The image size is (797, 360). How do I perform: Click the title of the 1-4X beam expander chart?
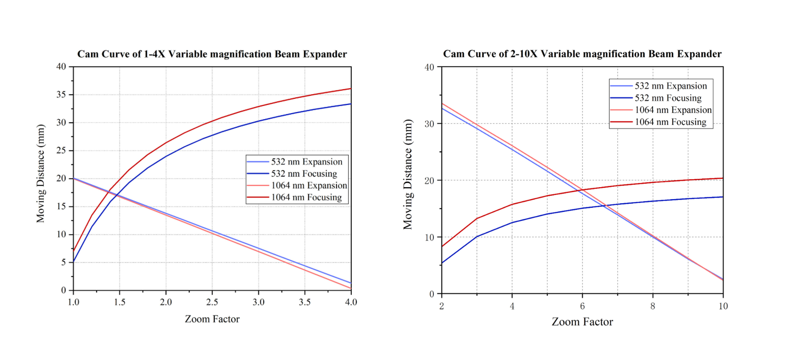pos(212,54)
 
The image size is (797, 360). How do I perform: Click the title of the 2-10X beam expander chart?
pos(582,54)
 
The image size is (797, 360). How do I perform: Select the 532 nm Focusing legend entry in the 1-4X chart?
pos(304,174)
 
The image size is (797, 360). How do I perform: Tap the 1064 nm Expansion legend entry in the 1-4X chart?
pos(309,186)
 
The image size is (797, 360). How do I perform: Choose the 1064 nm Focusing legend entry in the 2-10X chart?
pos(670,122)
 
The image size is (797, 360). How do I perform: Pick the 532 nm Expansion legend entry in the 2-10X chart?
pos(671,86)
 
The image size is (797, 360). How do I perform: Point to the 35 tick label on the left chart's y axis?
pos(61,95)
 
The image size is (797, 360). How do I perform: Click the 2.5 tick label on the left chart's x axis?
pos(212,302)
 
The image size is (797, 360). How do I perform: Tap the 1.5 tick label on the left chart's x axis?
pos(120,302)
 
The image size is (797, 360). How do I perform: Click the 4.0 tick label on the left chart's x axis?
pos(351,302)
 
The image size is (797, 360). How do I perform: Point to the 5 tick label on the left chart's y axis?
pos(64,263)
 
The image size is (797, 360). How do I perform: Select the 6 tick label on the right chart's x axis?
pos(582,306)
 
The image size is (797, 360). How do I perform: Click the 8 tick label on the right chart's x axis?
pos(653,306)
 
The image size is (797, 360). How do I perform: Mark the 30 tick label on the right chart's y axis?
pos(429,124)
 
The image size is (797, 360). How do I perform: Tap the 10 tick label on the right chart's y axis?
pos(429,237)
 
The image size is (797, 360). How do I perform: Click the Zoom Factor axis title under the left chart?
pos(212,319)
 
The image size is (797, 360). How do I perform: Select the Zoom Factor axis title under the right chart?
pos(582,322)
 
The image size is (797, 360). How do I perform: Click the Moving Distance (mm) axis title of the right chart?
pos(408,174)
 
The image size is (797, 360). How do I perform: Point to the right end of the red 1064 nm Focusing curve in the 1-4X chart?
pos(350,89)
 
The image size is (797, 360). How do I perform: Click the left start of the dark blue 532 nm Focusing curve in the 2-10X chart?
pos(442,263)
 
